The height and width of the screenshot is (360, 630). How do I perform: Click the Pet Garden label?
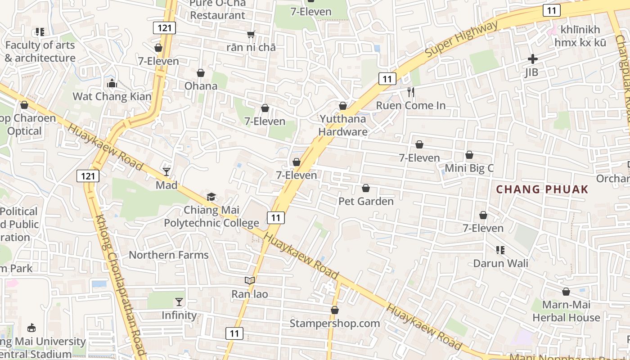click(366, 201)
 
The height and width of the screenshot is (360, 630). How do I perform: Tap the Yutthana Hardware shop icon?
click(343, 106)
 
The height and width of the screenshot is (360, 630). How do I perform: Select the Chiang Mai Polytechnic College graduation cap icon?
click(211, 197)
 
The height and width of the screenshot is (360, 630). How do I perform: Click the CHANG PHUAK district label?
click(542, 189)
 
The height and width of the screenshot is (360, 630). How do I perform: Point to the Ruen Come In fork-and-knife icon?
click(410, 92)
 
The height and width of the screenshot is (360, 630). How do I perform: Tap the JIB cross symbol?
click(532, 59)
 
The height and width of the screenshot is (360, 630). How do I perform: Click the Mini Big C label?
click(469, 168)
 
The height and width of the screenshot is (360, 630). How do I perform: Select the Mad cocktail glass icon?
click(166, 171)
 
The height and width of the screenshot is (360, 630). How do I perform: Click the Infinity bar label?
click(179, 315)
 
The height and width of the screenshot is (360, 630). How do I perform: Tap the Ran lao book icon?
click(250, 280)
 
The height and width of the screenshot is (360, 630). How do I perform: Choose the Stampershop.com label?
click(334, 323)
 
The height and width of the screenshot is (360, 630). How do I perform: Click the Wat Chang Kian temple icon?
click(112, 83)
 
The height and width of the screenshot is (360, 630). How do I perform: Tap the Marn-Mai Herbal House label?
click(566, 311)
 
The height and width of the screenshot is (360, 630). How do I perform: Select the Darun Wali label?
click(500, 263)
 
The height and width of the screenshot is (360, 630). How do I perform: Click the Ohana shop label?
click(201, 85)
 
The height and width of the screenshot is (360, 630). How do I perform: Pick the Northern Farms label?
click(169, 255)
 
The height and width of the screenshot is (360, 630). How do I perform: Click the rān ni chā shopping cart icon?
click(251, 34)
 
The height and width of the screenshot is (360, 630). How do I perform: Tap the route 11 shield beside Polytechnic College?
click(276, 218)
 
